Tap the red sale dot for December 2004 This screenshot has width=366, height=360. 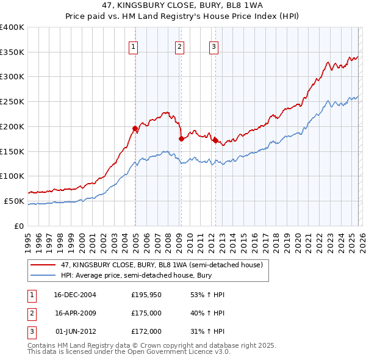[135, 128]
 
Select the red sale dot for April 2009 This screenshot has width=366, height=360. [181, 139]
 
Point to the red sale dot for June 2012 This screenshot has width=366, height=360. [215, 140]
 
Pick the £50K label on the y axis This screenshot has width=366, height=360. [14, 201]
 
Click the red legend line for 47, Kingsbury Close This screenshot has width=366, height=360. [43, 265]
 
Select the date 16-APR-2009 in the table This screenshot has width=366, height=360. [76, 313]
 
